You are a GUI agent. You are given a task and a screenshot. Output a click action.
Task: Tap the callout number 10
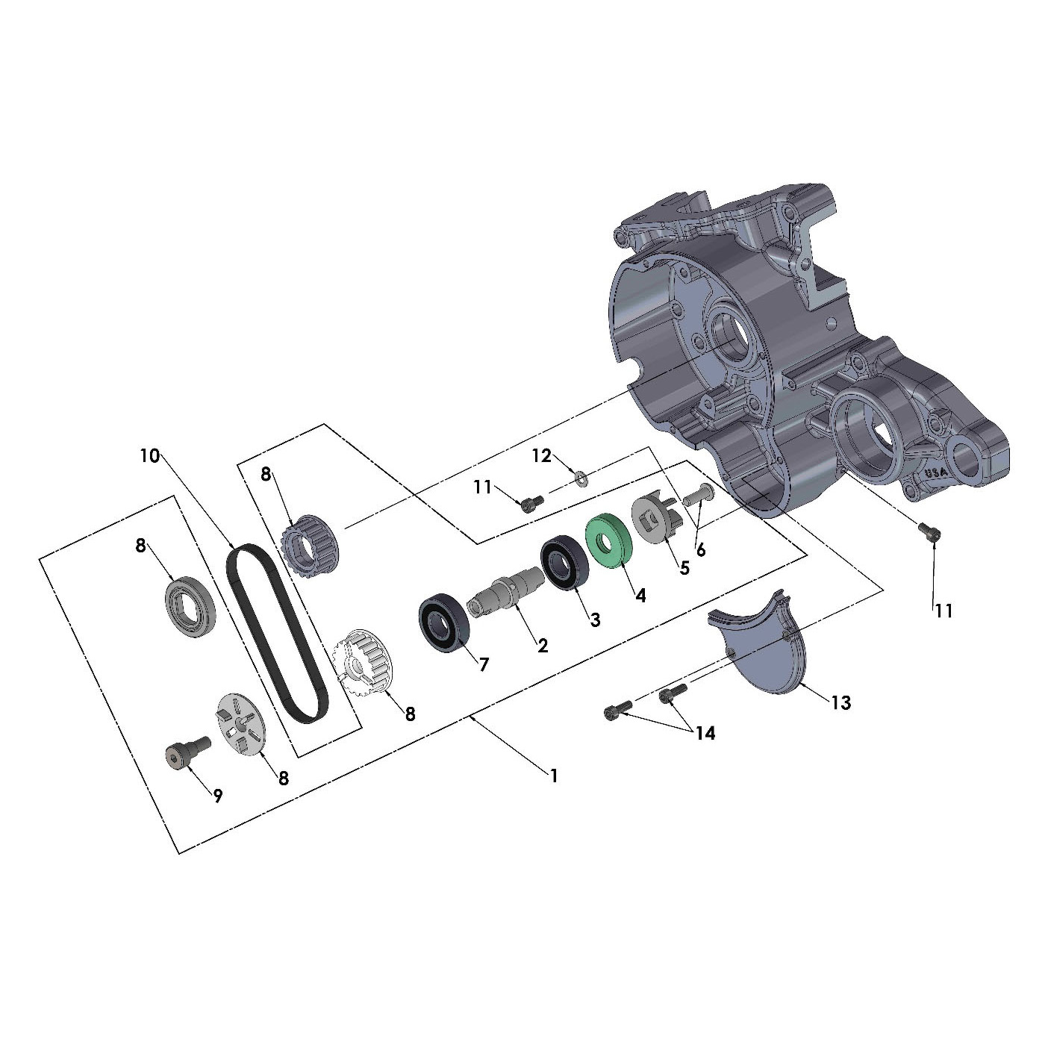pyautogui.click(x=150, y=456)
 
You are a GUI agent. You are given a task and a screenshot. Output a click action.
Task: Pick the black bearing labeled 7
pyautogui.click(x=443, y=623)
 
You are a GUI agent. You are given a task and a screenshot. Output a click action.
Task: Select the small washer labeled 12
pyautogui.click(x=581, y=478)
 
